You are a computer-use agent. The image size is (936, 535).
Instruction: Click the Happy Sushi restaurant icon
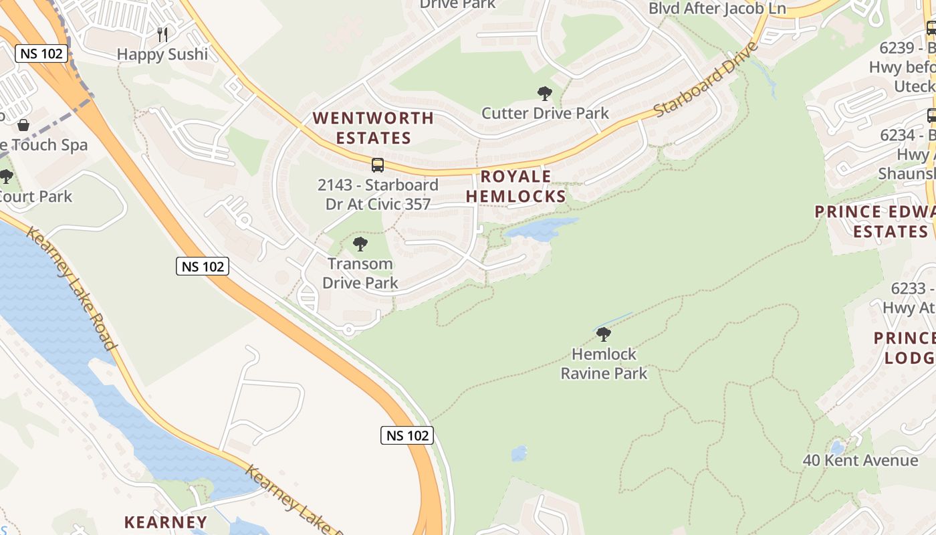click(162, 34)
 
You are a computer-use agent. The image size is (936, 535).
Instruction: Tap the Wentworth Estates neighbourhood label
click(373, 128)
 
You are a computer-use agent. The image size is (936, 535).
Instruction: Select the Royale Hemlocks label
click(516, 186)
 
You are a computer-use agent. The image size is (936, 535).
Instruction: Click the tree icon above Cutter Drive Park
click(545, 94)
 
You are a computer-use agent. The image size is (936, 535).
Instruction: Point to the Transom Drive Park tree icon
click(360, 244)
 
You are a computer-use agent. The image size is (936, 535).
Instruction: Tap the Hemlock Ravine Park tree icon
click(604, 334)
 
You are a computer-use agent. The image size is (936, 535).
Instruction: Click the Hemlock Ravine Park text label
click(604, 363)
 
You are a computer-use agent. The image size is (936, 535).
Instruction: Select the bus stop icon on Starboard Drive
click(378, 165)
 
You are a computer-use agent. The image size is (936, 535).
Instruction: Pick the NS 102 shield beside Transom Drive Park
click(203, 266)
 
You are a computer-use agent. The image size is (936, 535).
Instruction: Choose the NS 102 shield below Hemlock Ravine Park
click(407, 435)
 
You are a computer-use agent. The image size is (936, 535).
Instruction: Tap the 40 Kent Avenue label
click(860, 460)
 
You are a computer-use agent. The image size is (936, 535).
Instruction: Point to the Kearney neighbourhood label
click(166, 522)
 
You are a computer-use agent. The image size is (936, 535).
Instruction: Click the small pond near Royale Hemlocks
click(540, 229)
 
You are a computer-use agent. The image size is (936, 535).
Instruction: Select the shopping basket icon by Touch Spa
click(23, 125)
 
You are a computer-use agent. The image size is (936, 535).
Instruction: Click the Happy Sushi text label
click(162, 54)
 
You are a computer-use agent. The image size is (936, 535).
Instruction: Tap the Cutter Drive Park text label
click(545, 113)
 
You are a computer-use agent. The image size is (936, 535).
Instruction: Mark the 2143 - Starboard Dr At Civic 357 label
click(378, 194)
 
